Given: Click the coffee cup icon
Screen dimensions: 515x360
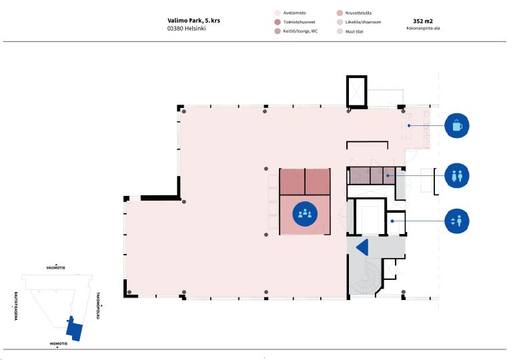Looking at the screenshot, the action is [456, 126].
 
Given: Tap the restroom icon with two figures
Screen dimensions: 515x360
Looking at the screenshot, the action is [456, 175].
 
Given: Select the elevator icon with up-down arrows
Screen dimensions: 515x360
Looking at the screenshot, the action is [456, 221].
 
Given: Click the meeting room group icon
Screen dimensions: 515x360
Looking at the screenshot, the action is [305, 214].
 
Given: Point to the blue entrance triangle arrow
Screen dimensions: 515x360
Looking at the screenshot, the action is [363, 247].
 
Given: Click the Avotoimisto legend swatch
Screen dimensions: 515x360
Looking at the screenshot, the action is [278, 13].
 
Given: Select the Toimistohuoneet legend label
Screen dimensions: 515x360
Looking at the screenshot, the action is [300, 22].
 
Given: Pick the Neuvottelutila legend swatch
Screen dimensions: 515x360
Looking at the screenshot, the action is [340, 13].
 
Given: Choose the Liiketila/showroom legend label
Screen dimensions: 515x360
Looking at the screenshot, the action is [363, 22].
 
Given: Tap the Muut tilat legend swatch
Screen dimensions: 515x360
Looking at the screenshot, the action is [340, 31].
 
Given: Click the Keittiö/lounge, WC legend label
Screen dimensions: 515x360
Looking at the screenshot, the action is [300, 31].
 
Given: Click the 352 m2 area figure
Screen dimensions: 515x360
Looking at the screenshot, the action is [423, 21].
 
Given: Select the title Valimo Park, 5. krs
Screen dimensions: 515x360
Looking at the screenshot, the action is [193, 21].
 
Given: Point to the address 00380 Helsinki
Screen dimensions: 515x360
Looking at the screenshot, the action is [186, 29].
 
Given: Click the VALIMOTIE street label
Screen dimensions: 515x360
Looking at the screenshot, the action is [56, 268].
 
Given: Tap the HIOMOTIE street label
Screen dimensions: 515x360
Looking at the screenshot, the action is [59, 343].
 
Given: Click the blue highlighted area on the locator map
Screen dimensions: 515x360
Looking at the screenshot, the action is [74, 329].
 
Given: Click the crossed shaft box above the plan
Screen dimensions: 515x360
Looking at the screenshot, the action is [357, 91].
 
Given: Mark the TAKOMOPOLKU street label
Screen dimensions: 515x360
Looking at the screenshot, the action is [98, 305].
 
